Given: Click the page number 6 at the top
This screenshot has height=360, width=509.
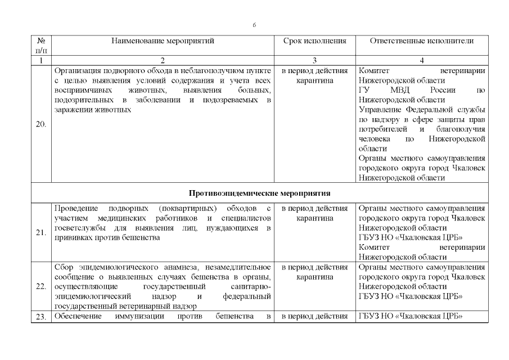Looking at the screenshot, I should (254, 25).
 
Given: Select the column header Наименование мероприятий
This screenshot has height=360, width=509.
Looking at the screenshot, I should (163, 41).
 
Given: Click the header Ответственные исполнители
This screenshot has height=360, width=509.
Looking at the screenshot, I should (421, 41).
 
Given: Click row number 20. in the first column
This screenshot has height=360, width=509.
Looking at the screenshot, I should (41, 124).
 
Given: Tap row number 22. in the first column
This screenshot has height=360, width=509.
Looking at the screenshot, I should (41, 286).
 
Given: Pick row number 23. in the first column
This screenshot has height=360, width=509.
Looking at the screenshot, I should (41, 317).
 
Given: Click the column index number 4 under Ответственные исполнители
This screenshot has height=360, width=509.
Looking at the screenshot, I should (421, 60).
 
